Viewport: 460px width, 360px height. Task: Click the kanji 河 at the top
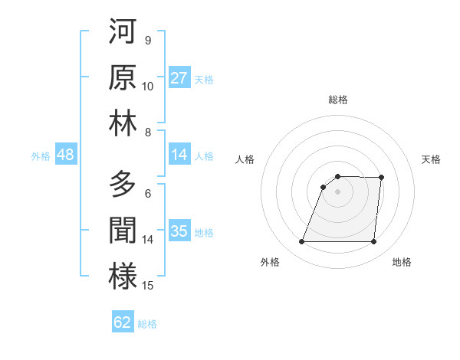123,32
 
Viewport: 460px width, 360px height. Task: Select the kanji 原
123,77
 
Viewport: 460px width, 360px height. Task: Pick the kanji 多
123,185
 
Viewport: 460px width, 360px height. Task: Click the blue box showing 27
179,78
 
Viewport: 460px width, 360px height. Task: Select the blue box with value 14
179,155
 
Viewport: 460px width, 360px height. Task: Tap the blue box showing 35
179,231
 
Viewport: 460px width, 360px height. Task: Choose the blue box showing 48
65,155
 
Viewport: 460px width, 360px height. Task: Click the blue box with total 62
123,322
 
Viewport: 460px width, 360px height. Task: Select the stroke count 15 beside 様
148,286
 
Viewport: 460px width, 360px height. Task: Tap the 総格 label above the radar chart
337,100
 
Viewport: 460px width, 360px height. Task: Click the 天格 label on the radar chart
431,159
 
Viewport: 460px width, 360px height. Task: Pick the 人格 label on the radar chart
245,159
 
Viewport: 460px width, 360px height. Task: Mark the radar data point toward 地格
373,242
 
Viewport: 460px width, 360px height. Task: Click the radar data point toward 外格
301,242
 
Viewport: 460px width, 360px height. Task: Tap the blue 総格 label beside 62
147,323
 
